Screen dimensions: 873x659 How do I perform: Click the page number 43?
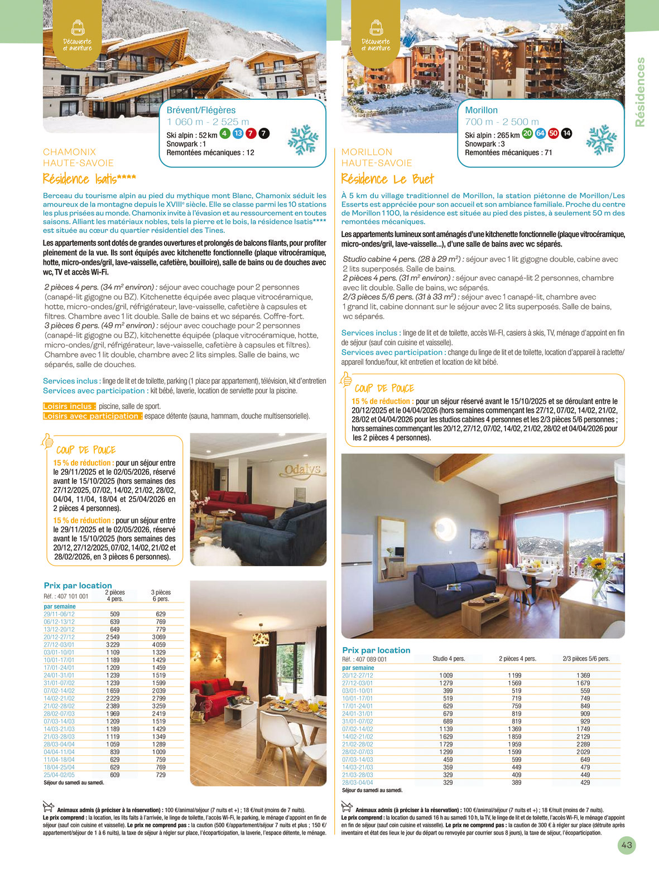[627, 845]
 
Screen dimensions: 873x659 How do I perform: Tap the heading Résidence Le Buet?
[387, 179]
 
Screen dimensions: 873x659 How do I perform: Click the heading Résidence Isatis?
[89, 179]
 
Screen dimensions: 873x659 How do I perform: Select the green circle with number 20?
[527, 133]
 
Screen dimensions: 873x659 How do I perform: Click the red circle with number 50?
[553, 133]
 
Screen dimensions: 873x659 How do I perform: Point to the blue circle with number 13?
[238, 133]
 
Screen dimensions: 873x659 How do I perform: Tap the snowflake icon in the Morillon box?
[602, 139]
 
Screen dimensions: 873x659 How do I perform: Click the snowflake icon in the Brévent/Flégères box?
[303, 139]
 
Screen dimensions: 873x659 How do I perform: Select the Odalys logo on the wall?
[303, 470]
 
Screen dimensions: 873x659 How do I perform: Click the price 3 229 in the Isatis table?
[113, 645]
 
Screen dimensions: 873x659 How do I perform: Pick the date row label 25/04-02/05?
[59, 775]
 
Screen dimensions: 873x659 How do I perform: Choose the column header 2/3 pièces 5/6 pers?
[586, 659]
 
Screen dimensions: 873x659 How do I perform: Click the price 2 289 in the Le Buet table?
[583, 744]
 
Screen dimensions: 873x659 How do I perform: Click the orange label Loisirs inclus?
[69, 406]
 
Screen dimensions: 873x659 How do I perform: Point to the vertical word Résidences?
[640, 92]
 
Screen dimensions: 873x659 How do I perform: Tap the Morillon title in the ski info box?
[481, 110]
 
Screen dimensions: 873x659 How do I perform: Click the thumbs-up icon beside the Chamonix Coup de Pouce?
[47, 441]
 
